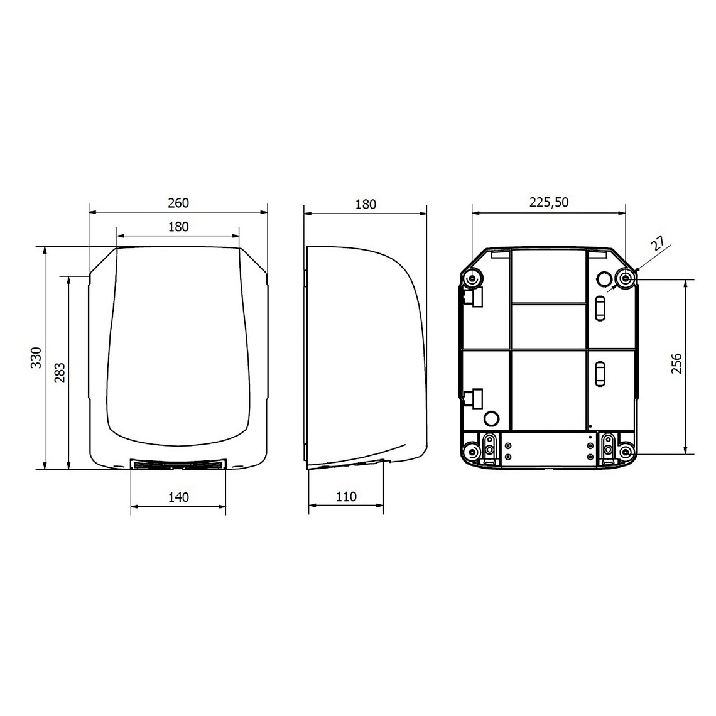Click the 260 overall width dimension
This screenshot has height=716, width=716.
(178, 203)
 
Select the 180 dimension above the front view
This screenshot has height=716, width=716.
(178, 227)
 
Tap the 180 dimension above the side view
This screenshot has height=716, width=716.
(366, 204)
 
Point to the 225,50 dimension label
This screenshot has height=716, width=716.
(549, 202)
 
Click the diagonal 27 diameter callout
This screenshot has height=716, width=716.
(657, 244)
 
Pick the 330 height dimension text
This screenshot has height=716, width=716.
(36, 357)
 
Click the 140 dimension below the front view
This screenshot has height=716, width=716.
(178, 497)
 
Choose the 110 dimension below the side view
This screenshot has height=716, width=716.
(346, 497)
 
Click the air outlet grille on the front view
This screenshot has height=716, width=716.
(178, 464)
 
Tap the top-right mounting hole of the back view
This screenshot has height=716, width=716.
(626, 278)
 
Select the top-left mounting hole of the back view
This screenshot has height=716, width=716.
(472, 278)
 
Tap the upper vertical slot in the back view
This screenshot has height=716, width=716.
(600, 308)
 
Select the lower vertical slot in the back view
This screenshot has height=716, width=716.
(600, 374)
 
